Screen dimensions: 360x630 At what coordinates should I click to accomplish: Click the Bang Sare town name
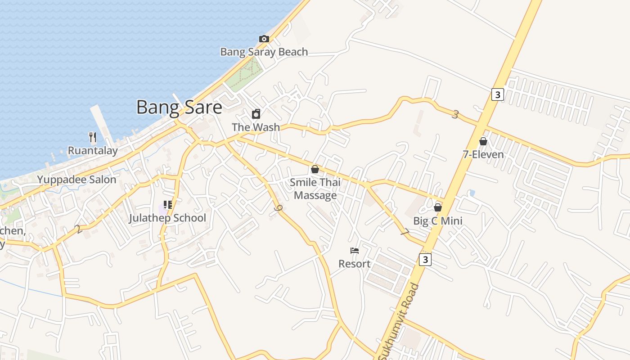click(179, 108)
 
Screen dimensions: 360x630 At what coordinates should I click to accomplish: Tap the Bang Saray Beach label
click(264, 52)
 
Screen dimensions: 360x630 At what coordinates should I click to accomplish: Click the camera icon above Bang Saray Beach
click(264, 39)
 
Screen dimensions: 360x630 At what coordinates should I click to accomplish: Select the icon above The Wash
click(256, 114)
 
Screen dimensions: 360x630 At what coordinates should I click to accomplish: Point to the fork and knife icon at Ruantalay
click(93, 137)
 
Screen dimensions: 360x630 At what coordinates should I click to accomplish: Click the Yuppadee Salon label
click(76, 180)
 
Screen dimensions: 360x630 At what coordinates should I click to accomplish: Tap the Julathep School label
click(167, 218)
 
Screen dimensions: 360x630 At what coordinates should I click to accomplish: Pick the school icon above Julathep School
click(168, 205)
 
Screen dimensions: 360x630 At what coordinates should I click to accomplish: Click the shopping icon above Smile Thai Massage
click(315, 170)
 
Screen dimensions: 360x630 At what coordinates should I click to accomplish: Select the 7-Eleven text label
click(483, 154)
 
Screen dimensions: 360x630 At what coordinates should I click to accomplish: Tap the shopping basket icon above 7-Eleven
click(483, 141)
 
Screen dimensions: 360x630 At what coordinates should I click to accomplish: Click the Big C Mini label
click(438, 221)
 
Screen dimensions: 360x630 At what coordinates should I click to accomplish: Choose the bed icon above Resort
click(355, 251)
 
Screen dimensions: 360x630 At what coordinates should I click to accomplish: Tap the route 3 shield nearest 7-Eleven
click(497, 94)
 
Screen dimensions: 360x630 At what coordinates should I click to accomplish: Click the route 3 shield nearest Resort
click(425, 260)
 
